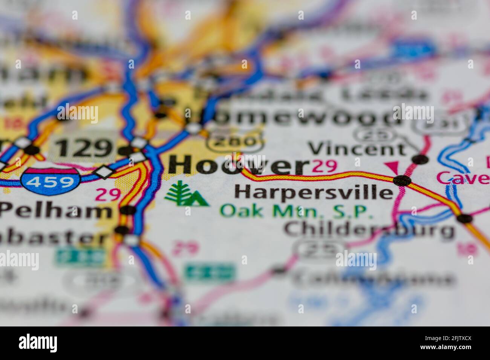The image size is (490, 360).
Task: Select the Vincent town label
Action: coord(358,149)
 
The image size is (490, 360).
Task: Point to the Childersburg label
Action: coord(369,229)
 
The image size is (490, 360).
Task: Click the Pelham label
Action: coord(56,211)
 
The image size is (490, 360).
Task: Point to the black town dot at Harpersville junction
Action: coord(402,181)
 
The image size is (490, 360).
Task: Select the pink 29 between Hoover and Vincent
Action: coord(325,166)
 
